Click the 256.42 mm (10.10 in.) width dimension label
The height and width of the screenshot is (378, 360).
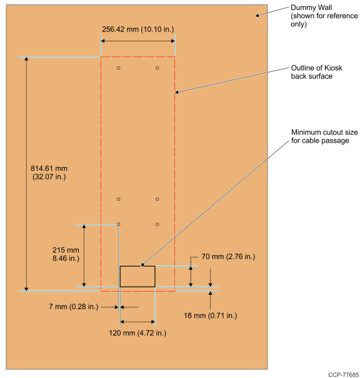coord(137,29)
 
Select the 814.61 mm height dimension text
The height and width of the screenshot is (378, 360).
coord(49,172)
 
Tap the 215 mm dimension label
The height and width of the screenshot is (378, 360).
coord(66,254)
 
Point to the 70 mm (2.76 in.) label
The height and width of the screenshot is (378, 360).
coord(228,257)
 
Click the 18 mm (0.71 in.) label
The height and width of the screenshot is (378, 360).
coord(211,315)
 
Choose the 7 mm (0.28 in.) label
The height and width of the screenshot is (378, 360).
coord(74,307)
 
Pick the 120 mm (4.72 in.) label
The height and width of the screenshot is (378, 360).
coord(137,333)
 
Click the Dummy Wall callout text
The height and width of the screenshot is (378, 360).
coord(324,16)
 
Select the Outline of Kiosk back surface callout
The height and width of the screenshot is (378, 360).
coord(316,72)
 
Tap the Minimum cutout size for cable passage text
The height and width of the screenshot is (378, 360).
coord(324,136)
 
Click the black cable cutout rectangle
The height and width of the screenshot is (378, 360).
coord(137,266)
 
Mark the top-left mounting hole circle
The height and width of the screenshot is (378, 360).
coord(119,68)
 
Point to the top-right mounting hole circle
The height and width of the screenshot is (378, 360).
coord(157,68)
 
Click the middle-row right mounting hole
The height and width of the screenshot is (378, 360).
coord(157,199)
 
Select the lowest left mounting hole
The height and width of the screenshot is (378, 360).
coord(119,225)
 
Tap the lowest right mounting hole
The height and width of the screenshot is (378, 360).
coord(157,225)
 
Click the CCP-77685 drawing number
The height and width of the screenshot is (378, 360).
coord(343,375)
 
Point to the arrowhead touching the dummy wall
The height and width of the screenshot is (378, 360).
coord(257,16)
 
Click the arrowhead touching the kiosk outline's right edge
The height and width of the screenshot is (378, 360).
coord(177,92)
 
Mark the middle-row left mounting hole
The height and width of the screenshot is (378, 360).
coord(119,199)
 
